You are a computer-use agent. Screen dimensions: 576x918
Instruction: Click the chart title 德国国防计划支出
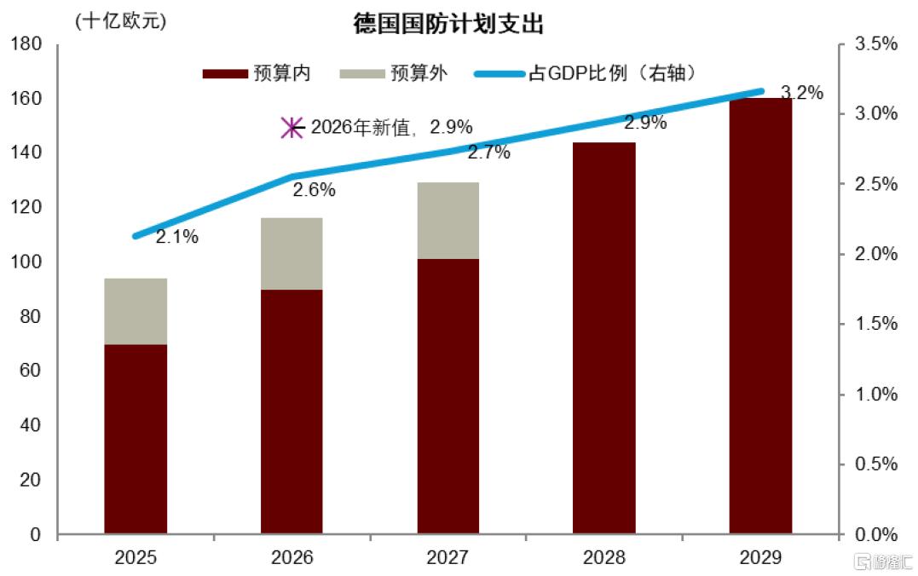448,25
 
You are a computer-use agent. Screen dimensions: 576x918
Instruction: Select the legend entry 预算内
257,73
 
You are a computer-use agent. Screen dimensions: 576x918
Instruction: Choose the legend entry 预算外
393,73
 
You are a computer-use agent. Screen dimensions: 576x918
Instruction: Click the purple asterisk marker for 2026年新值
292,128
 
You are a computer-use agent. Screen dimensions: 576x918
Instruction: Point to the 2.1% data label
177,238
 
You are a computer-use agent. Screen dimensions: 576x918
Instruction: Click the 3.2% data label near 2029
802,93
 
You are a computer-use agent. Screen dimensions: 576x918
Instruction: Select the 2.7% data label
488,153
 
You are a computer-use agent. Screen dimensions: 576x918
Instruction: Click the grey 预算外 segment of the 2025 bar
136,311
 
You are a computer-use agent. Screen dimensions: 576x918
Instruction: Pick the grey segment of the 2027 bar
447,220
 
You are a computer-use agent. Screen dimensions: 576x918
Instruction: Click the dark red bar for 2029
760,316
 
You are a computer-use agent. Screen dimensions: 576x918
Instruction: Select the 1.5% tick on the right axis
873,325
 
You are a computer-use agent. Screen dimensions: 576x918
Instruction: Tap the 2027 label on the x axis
447,559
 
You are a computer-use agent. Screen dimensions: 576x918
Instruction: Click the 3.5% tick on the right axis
873,44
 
